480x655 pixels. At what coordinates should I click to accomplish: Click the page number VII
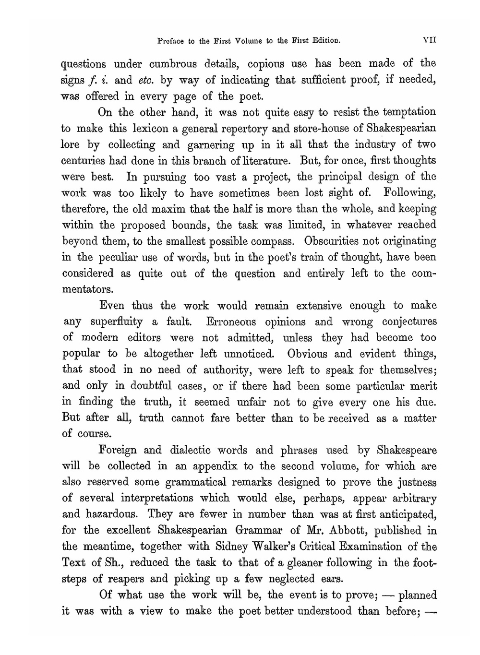[429, 41]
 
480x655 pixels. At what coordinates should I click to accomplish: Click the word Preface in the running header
[171, 41]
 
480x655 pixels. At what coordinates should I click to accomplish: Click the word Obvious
[307, 354]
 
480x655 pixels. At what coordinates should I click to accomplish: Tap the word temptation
[408, 112]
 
